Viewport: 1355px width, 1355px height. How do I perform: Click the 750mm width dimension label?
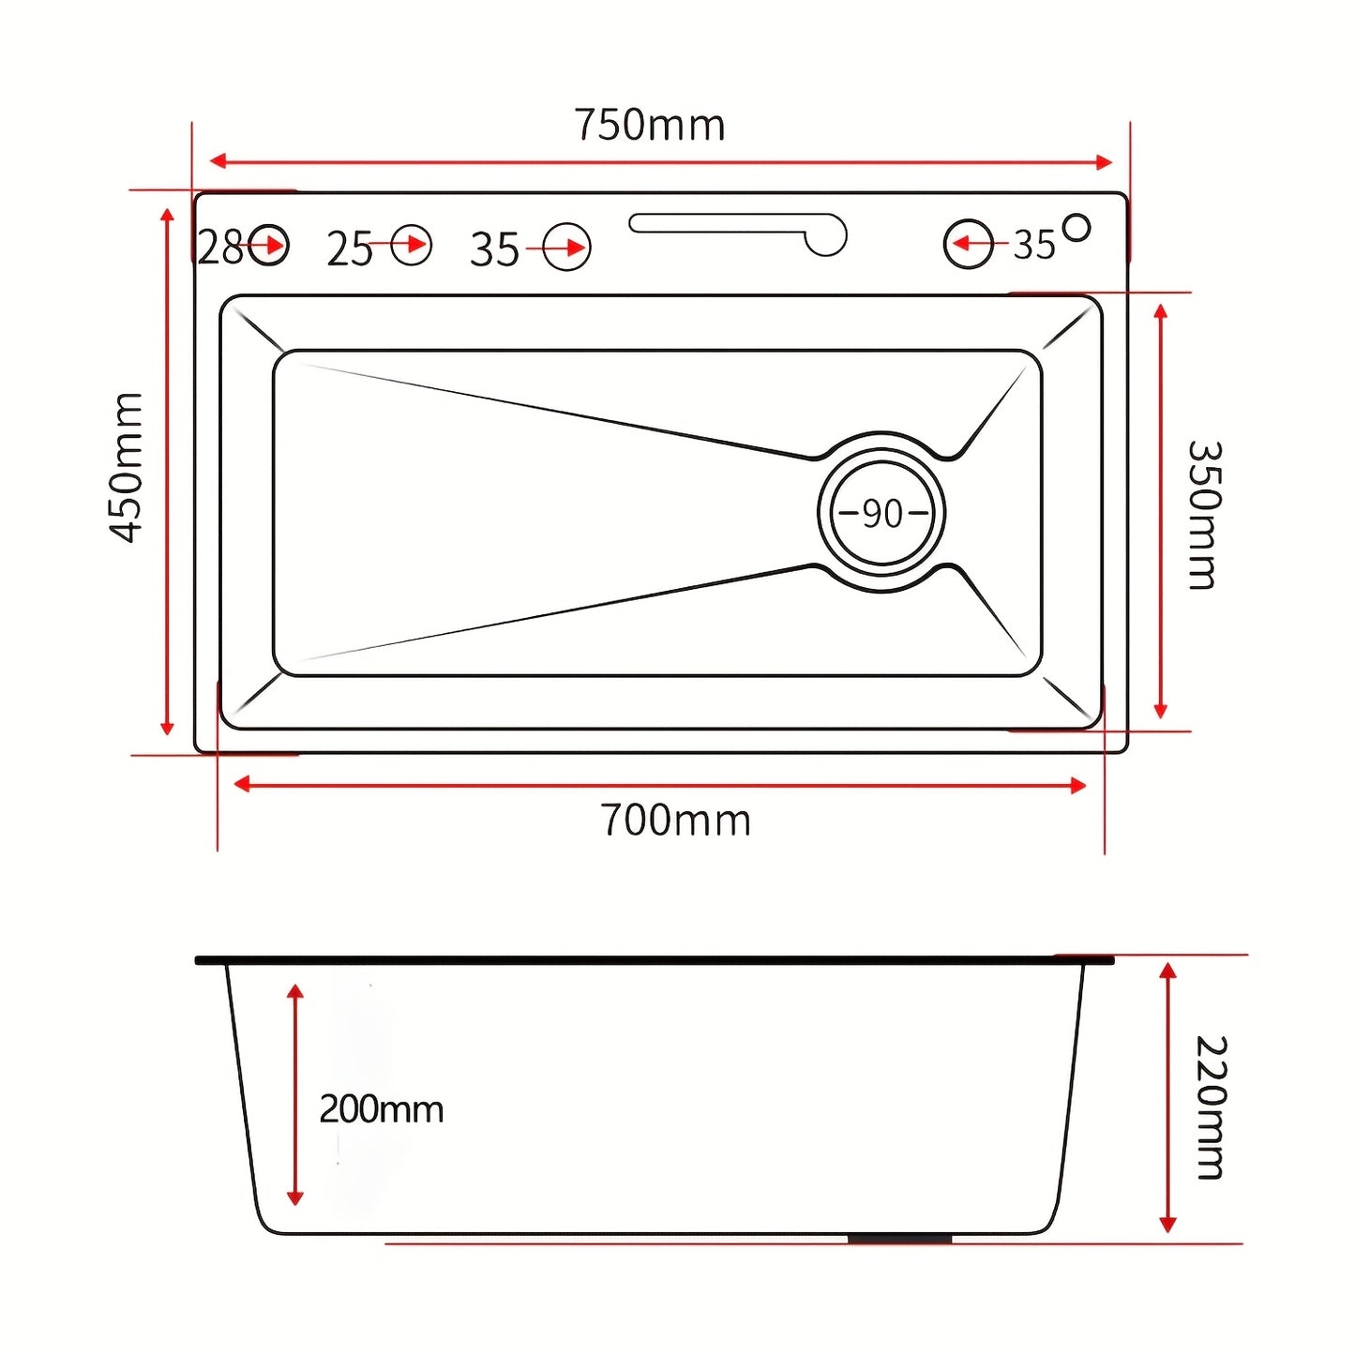click(650, 125)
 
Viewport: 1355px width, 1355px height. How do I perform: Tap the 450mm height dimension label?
click(127, 468)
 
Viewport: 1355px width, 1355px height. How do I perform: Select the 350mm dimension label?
click(1205, 515)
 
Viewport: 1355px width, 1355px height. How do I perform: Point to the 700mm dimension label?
click(675, 821)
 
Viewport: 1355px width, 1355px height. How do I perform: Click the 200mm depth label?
click(381, 1110)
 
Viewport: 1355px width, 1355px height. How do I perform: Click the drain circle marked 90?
click(881, 512)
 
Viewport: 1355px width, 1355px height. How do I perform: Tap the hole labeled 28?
click(268, 246)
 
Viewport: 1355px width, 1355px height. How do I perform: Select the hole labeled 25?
click(412, 245)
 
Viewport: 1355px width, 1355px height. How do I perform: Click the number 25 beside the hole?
click(350, 248)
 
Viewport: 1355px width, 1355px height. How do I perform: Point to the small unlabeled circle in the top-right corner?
click(1076, 228)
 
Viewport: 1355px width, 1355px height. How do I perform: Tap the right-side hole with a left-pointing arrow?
click(969, 244)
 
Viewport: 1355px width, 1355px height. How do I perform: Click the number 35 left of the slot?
click(494, 249)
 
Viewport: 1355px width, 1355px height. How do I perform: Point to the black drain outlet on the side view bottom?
click(901, 1239)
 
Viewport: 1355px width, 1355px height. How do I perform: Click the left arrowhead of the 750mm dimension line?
click(218, 160)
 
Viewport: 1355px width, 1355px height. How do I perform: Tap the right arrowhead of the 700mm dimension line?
click(1078, 785)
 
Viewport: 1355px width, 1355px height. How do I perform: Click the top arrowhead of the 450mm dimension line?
click(167, 217)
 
